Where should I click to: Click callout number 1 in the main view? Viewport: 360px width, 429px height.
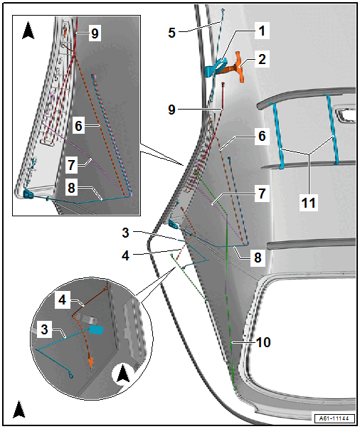[262, 31]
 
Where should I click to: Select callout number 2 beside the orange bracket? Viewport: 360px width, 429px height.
[262, 59]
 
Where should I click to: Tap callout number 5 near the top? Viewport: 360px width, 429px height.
[171, 33]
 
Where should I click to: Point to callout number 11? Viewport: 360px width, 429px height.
[309, 203]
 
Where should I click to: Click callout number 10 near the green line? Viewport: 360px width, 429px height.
[263, 342]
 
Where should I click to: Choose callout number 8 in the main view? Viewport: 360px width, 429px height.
[258, 258]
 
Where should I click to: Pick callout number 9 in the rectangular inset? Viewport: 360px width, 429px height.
[95, 33]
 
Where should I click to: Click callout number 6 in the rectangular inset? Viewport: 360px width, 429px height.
[78, 126]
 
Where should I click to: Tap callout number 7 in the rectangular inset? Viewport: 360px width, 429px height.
[71, 165]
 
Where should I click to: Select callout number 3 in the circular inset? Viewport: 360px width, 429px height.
[45, 329]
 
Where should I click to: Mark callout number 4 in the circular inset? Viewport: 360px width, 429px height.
[63, 300]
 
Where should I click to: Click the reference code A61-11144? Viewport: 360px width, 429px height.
[335, 418]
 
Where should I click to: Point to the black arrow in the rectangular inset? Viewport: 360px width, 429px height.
[28, 31]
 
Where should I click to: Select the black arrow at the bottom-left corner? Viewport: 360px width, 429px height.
[19, 410]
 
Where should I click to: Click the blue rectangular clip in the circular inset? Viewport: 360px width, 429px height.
[96, 330]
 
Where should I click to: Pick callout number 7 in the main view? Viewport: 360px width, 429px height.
[262, 194]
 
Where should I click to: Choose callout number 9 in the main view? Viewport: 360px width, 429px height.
[171, 110]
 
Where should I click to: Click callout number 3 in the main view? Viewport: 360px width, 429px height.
[125, 233]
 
